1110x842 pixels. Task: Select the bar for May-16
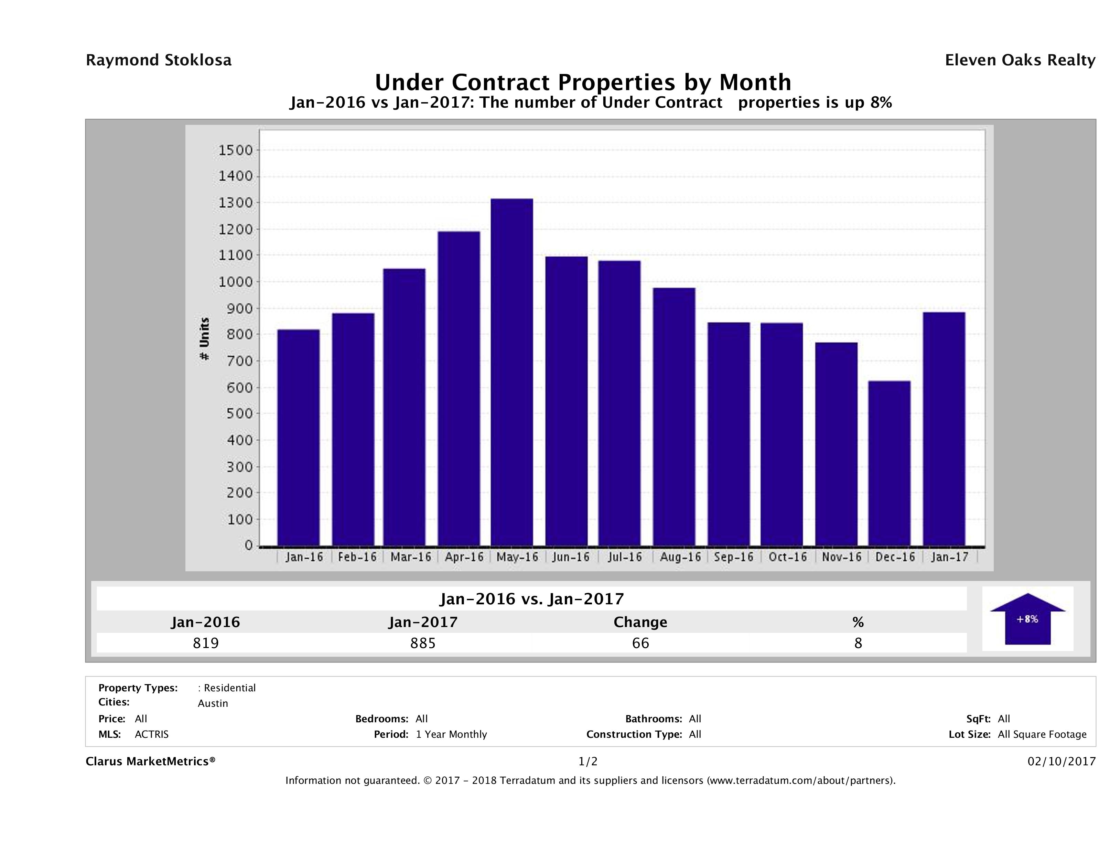click(512, 372)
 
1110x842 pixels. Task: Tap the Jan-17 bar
click(944, 429)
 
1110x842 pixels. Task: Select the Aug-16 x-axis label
click(680, 557)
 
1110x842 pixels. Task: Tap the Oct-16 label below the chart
click(787, 557)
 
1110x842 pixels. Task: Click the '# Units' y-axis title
click(204, 339)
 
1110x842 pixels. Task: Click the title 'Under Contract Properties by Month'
click(583, 82)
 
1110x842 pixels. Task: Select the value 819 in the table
click(206, 643)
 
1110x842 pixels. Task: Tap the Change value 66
click(640, 643)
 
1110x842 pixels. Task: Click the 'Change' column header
click(640, 622)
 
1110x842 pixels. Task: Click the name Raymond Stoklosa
click(159, 60)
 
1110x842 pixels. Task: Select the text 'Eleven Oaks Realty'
click(1020, 60)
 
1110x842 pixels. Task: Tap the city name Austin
click(213, 703)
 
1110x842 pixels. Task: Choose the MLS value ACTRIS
click(152, 735)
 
